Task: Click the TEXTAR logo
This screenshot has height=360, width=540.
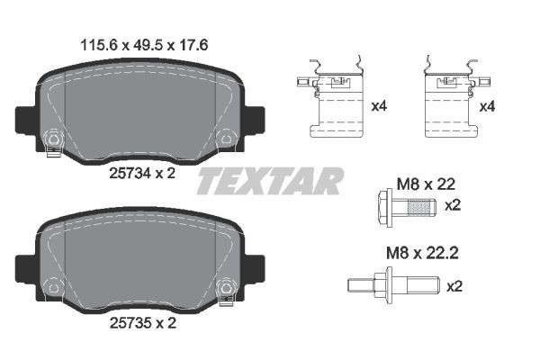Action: (x=269, y=181)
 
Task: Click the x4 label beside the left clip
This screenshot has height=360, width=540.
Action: (x=380, y=107)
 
